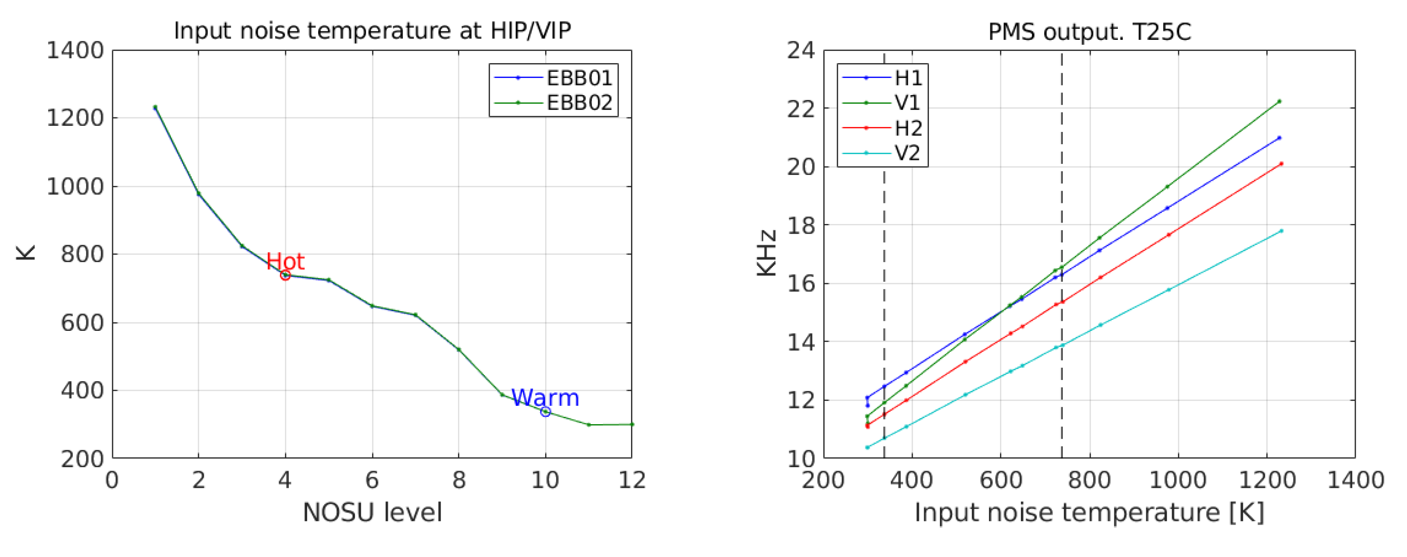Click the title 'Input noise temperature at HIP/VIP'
[x=372, y=31]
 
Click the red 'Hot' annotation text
[x=285, y=262]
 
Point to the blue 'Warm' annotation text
[x=545, y=398]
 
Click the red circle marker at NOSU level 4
[x=285, y=275]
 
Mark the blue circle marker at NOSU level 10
[x=545, y=412]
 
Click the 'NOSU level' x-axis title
[x=372, y=513]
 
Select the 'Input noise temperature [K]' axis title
[x=1089, y=513]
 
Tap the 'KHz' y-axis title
[x=767, y=253]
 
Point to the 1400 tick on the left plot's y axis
[x=75, y=50]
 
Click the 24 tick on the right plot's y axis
[x=800, y=50]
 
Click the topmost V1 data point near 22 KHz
[x=1279, y=102]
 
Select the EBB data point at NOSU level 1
[x=155, y=107]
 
